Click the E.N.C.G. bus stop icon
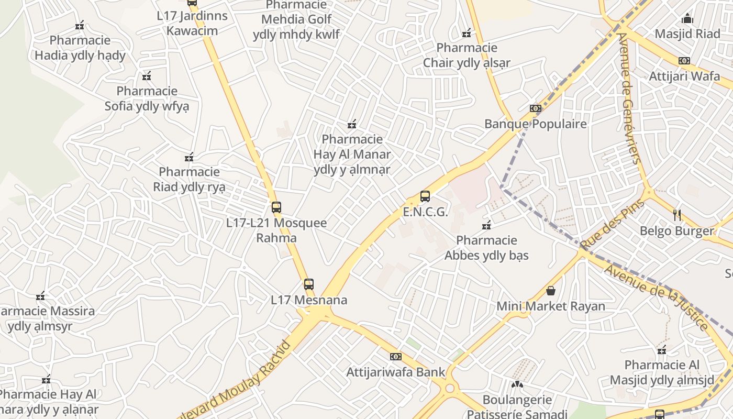tap(425, 197)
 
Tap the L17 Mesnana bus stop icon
tap(309, 284)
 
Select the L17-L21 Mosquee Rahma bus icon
tap(276, 207)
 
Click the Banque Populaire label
tap(536, 124)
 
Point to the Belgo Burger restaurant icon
tap(677, 215)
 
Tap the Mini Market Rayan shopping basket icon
tap(551, 291)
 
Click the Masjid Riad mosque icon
tap(687, 19)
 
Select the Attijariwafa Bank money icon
tap(396, 357)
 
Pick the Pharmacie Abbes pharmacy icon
tap(486, 225)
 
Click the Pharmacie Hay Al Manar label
tap(352, 155)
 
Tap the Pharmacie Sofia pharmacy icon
tap(147, 76)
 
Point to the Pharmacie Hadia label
tap(80, 48)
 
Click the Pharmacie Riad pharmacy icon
tap(189, 157)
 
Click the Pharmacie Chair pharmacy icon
tap(467, 33)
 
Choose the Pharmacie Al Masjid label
tap(662, 372)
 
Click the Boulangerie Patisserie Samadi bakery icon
tap(517, 384)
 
